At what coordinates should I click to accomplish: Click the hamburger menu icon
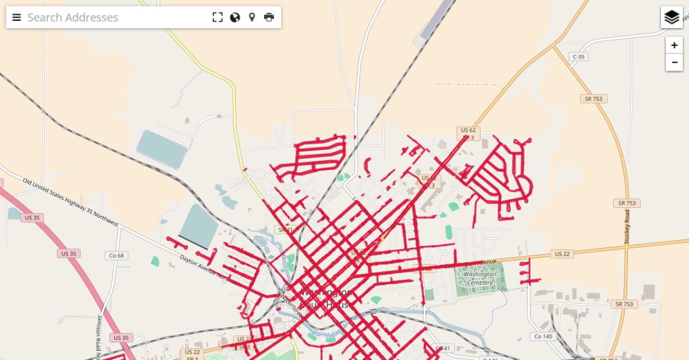click(17, 17)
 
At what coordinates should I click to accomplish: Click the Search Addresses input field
click(115, 17)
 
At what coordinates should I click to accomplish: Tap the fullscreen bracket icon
click(217, 17)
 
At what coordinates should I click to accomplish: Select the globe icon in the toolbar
click(235, 17)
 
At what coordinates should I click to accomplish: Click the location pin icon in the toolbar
click(251, 17)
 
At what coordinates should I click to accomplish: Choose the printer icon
click(269, 17)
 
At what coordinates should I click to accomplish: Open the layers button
click(672, 17)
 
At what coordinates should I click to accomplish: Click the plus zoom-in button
click(674, 45)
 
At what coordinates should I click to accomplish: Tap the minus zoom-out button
click(674, 62)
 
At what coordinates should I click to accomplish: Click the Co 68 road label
click(116, 256)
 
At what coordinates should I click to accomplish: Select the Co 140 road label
click(543, 336)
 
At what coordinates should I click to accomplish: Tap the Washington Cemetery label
click(478, 278)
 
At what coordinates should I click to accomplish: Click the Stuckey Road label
click(627, 226)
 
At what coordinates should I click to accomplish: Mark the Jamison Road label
click(99, 336)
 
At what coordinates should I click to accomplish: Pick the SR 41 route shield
click(283, 230)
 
